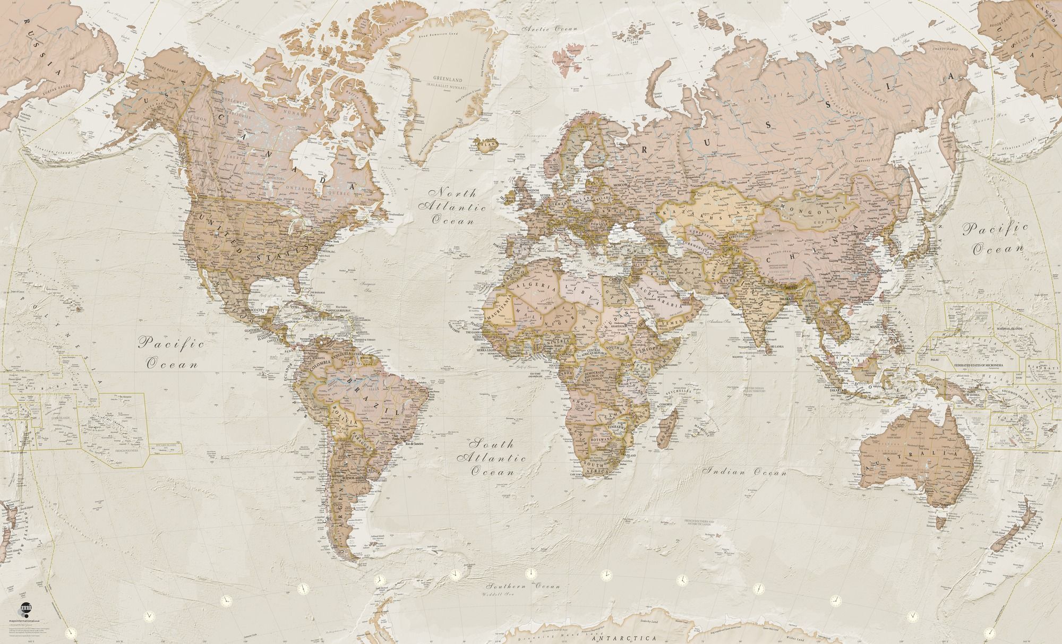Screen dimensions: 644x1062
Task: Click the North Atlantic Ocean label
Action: coord(452,206)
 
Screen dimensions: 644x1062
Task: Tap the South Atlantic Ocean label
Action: coord(494,457)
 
